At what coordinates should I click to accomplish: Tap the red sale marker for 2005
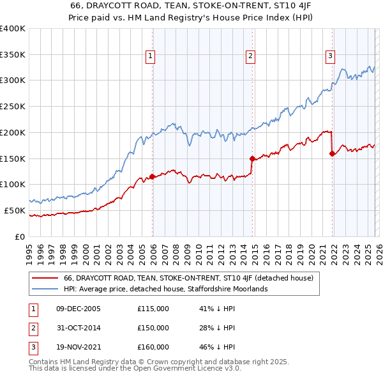(153, 176)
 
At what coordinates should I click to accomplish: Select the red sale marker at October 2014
(252, 158)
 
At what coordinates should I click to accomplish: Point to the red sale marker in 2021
(333, 153)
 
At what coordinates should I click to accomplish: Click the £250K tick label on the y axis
(13, 106)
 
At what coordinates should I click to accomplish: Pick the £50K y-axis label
(15, 210)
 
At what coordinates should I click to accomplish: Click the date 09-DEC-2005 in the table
(79, 309)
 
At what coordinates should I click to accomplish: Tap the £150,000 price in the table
(153, 328)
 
